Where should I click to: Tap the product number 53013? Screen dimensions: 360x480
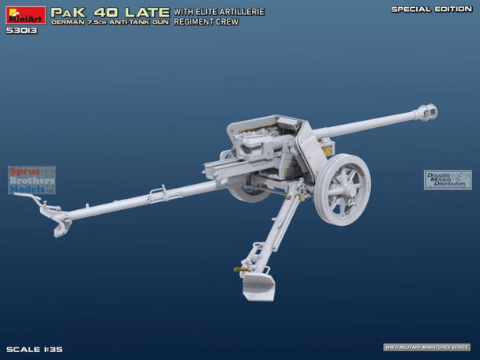pyautogui.click(x=22, y=31)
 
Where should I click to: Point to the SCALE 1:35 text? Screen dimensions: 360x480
pyautogui.click(x=34, y=348)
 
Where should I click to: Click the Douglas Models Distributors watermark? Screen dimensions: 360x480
pyautogui.click(x=448, y=180)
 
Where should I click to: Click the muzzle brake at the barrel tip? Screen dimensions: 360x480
pyautogui.click(x=427, y=112)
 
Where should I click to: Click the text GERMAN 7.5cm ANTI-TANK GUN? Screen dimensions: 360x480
pyautogui.click(x=111, y=23)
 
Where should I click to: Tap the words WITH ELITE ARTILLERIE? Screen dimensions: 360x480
pyautogui.click(x=219, y=11)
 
